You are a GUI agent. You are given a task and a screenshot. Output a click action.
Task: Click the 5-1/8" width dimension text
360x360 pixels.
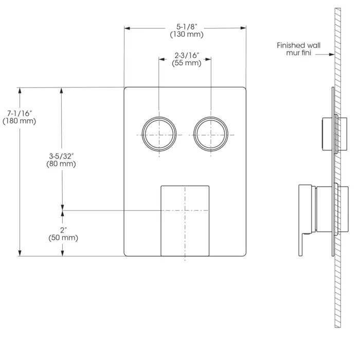tap(187, 27)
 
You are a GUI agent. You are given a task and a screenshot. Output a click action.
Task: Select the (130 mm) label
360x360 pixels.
tap(187, 34)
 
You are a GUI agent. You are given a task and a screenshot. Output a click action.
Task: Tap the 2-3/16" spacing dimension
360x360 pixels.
tap(187, 56)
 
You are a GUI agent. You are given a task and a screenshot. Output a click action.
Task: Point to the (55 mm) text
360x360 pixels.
tap(187, 63)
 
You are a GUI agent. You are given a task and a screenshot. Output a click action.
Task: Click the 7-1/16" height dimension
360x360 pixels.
tap(20, 114)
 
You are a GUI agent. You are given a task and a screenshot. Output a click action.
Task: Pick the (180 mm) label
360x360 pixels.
tap(20, 121)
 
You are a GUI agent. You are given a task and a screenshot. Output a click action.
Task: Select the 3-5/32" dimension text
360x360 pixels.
tap(61, 156)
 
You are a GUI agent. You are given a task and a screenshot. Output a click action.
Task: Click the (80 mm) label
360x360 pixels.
tap(61, 164)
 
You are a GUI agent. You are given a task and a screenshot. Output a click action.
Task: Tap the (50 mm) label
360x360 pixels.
tap(63, 238)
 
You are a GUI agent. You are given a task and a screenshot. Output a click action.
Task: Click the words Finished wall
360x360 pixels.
tap(298, 45)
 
